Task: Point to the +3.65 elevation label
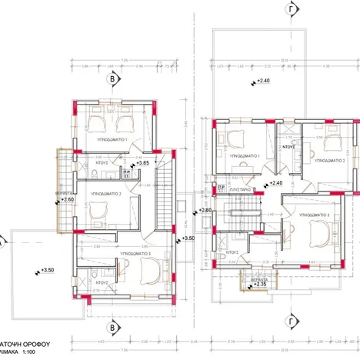[144, 163]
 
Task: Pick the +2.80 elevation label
[204, 210]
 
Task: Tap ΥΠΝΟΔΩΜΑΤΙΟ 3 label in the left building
[124, 252]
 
